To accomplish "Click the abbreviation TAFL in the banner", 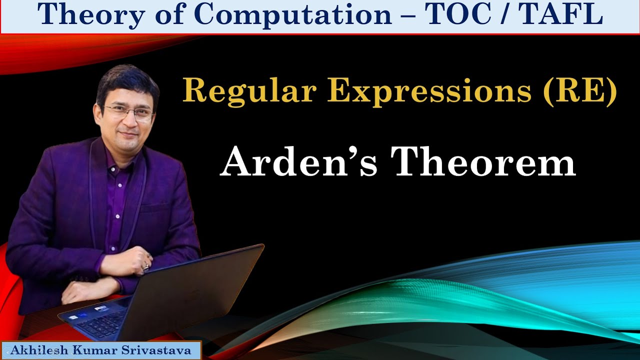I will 560,15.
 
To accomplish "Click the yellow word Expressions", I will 430,92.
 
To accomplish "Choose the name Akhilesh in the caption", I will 34,350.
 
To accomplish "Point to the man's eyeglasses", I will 128,112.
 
